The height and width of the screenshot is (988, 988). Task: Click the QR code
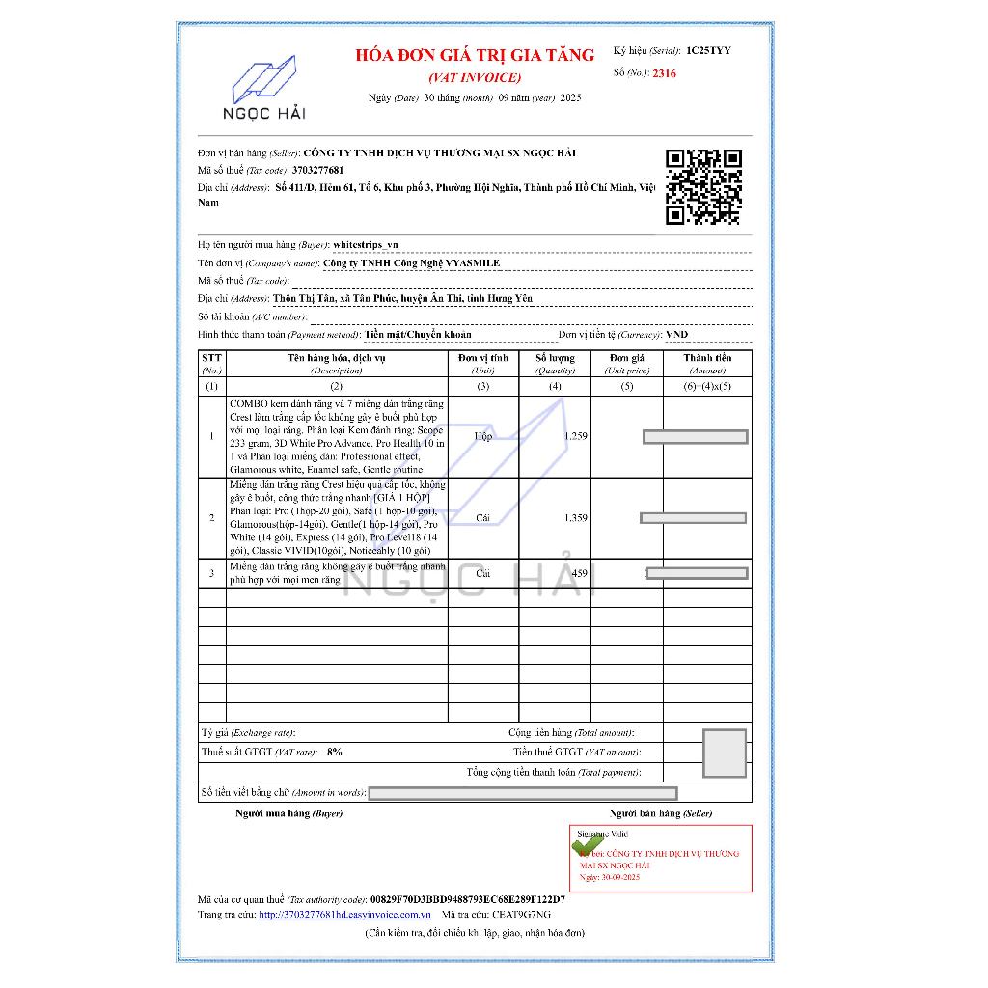point(704,187)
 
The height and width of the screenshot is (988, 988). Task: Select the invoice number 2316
point(664,73)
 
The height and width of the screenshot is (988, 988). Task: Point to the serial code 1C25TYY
point(708,49)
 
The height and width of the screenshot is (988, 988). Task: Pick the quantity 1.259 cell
point(555,436)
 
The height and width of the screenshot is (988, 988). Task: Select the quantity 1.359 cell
point(555,518)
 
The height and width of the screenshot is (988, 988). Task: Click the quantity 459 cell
point(555,573)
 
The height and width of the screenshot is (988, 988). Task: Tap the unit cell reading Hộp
point(482,436)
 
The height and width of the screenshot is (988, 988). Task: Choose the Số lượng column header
point(555,363)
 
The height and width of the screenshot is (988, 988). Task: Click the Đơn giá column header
point(626,363)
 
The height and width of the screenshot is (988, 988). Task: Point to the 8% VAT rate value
point(335,751)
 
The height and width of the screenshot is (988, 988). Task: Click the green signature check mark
point(586,845)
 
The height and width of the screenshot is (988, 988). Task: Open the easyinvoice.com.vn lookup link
point(344,914)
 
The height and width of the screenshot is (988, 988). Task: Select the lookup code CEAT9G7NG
point(521,914)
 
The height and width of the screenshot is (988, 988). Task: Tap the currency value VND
point(677,335)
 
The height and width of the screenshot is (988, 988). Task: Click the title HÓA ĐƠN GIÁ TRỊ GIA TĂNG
point(475,55)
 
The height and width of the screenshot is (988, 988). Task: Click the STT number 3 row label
point(212,573)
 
